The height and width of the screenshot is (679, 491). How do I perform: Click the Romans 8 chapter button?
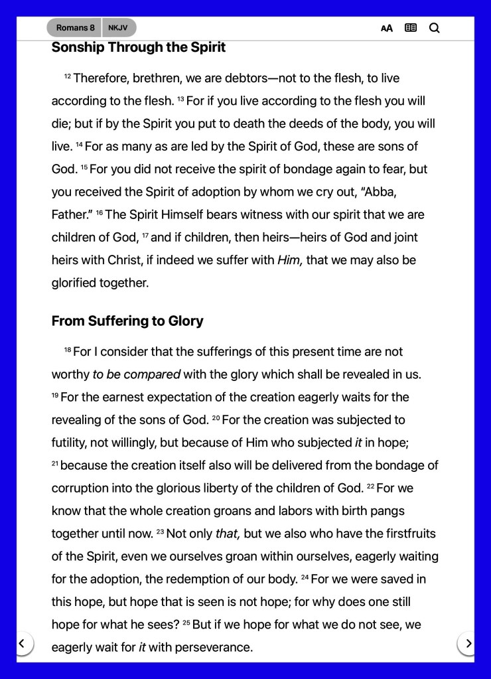point(74,28)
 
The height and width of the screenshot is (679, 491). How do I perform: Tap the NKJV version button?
point(119,28)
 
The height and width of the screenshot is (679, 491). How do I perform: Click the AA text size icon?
point(387,28)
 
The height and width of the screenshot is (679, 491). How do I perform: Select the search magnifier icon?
point(435,28)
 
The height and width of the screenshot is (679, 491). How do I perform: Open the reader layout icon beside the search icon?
point(411,28)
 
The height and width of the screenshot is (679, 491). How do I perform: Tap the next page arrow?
point(468,643)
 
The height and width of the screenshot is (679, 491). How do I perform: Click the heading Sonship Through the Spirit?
point(138,47)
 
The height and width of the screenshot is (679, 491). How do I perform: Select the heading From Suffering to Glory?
point(127,321)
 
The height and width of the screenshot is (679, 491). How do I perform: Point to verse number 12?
point(67,77)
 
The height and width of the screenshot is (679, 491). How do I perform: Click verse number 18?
point(67,350)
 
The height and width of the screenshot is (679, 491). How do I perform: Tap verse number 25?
point(187,624)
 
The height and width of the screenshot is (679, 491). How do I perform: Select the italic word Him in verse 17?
point(290,260)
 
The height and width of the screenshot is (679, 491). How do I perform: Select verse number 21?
point(54,465)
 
